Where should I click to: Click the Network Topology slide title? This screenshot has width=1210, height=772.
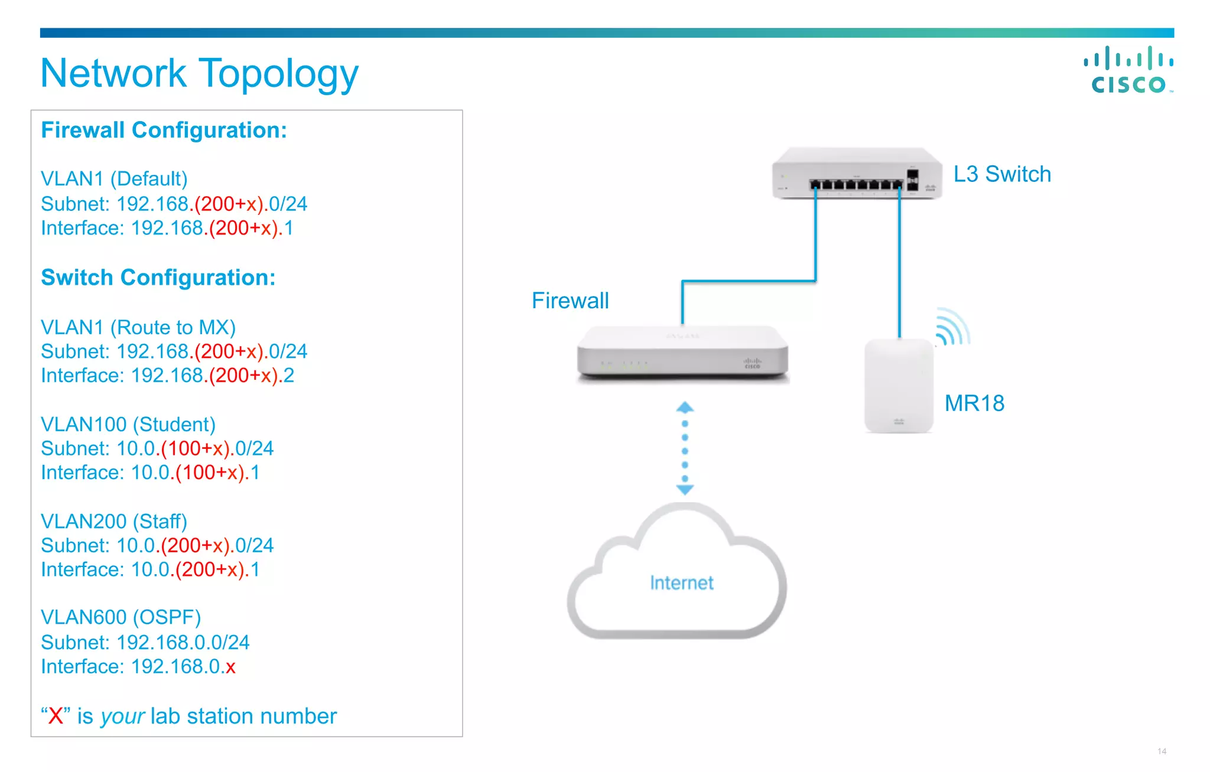(199, 74)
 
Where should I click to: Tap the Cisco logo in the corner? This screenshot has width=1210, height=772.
(1128, 70)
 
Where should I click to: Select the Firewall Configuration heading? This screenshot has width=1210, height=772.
(164, 130)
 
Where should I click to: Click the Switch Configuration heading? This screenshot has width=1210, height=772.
(158, 278)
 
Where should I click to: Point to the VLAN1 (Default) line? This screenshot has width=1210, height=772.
(114, 178)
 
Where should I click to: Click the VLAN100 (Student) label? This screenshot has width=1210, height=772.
(128, 424)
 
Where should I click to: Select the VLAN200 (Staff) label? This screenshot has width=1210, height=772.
(113, 521)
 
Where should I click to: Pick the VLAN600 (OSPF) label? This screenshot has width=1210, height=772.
(121, 617)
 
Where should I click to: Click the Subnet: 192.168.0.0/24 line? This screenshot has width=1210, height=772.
(145, 642)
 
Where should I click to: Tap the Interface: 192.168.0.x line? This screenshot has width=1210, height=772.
(138, 666)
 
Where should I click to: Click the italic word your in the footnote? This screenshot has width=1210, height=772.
(122, 716)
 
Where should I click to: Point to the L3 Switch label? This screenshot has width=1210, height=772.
(1002, 174)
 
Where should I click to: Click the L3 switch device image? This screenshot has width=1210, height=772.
(856, 174)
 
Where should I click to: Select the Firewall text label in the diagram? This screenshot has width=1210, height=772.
(570, 301)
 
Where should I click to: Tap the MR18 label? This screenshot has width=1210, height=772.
(974, 403)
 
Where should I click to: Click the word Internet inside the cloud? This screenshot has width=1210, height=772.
(681, 583)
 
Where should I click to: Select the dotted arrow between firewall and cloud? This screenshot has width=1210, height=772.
(685, 449)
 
